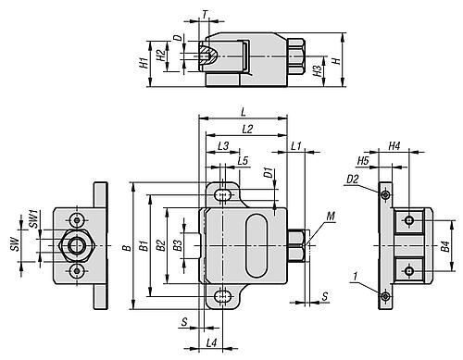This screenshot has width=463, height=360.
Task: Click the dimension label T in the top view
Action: (x=206, y=14)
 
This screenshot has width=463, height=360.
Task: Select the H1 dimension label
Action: (x=144, y=63)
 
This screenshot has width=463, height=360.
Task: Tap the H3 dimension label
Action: (x=318, y=71)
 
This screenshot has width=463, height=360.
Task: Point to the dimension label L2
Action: (x=247, y=129)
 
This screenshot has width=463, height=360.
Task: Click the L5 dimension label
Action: (x=243, y=161)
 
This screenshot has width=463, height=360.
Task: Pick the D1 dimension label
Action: (x=269, y=173)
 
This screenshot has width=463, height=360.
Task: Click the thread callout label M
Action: (x=331, y=217)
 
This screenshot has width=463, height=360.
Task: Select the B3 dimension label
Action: (x=178, y=245)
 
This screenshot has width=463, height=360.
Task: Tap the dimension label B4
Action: (x=445, y=246)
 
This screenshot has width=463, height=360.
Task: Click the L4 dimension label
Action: (x=212, y=342)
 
